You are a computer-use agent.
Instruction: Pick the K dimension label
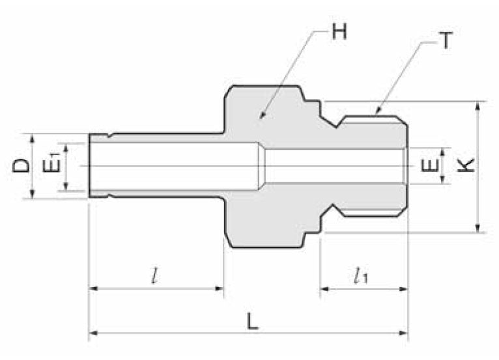coord(465,165)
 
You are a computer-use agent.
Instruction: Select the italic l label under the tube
coord(154,276)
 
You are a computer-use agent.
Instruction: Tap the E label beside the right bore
coord(428,165)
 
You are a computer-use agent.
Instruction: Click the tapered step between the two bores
coord(262,165)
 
